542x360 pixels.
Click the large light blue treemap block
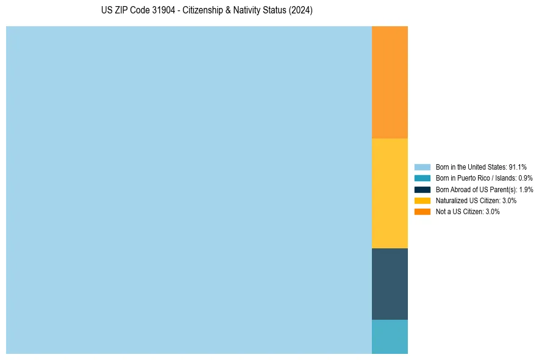189,190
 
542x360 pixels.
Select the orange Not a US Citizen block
390,82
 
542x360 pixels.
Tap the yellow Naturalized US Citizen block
390,193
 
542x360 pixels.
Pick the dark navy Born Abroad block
390,284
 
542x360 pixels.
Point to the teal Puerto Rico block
390,336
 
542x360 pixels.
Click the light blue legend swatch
423,167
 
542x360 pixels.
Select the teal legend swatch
423,178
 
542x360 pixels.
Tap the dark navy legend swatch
423,189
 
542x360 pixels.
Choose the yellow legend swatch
423,200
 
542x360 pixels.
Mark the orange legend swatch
423,212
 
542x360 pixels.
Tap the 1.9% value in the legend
526,189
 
